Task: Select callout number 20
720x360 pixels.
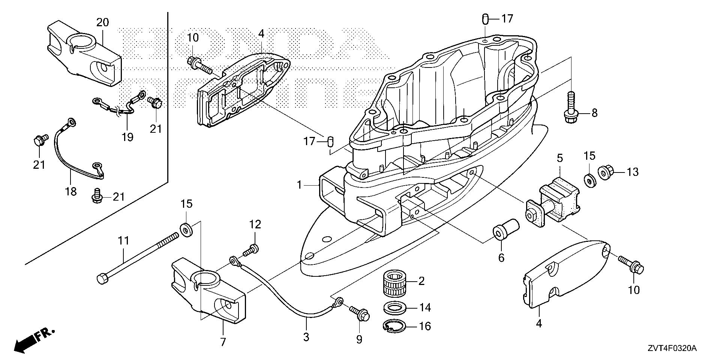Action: coord(102,22)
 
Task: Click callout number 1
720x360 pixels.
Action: coord(299,185)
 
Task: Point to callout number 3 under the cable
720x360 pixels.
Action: coord(306,337)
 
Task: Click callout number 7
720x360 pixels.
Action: coord(223,342)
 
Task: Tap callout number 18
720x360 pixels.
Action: coord(70,192)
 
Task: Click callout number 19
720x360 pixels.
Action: coord(127,137)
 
